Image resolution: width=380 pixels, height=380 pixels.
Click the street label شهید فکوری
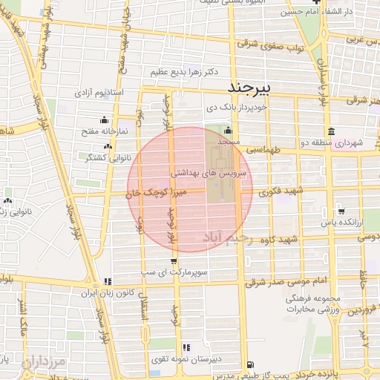tap(278, 192)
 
